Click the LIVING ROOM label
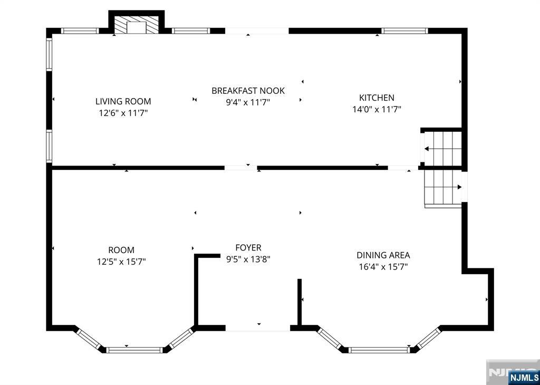[123, 101]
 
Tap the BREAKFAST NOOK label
[248, 91]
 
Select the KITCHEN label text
[377, 98]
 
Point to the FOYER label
[248, 247]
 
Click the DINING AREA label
[383, 255]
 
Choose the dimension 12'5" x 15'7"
[121, 261]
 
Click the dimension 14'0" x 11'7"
[377, 110]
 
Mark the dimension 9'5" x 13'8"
[248, 259]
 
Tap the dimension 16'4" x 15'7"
[383, 267]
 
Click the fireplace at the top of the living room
[136, 26]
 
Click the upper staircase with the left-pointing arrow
[442, 149]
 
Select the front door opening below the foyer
[258, 328]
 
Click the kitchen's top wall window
[404, 31]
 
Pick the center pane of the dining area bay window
[379, 350]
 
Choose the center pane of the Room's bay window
[134, 350]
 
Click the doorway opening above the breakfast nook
[257, 31]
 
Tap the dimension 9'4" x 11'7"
[248, 102]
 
